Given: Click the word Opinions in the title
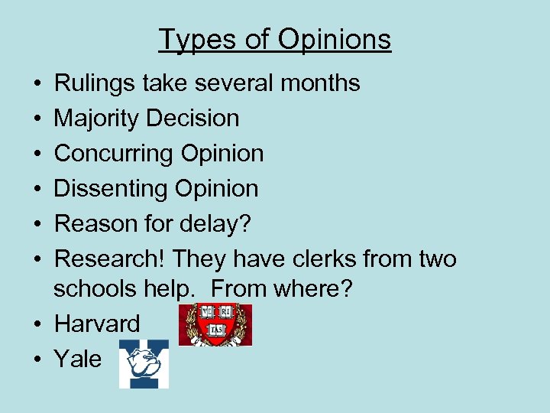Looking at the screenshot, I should (x=333, y=39).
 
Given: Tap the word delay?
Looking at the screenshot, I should (x=217, y=223).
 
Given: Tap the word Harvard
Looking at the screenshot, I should (x=97, y=324).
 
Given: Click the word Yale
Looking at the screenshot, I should (x=78, y=359).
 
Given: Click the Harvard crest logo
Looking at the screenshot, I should (x=215, y=324).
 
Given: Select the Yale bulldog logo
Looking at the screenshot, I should (x=144, y=363).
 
